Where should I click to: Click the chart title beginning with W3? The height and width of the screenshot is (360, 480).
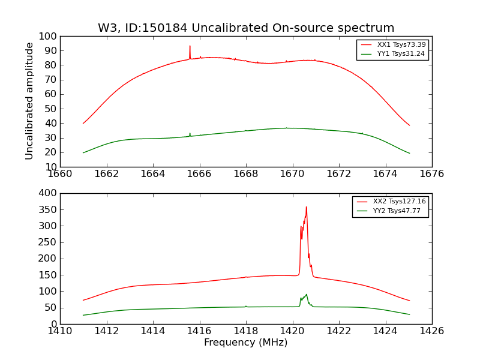[x=246, y=28]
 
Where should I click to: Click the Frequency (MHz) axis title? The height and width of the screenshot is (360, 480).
[x=246, y=343]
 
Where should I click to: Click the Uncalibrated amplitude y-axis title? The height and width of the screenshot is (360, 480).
[x=30, y=101]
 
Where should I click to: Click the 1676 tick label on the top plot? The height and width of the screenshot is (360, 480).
[x=432, y=174]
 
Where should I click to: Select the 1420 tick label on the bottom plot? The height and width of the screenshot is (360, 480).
[x=293, y=331]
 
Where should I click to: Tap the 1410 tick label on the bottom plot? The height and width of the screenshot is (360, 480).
[x=60, y=331]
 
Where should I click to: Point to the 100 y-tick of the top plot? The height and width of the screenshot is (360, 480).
[x=48, y=36]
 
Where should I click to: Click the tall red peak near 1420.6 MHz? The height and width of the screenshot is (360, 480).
[x=306, y=208]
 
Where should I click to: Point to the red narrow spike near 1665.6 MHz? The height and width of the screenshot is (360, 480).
[x=190, y=46]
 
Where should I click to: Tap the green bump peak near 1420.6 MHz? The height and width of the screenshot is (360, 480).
[x=307, y=295]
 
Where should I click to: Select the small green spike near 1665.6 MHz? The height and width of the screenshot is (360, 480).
[x=190, y=133]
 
